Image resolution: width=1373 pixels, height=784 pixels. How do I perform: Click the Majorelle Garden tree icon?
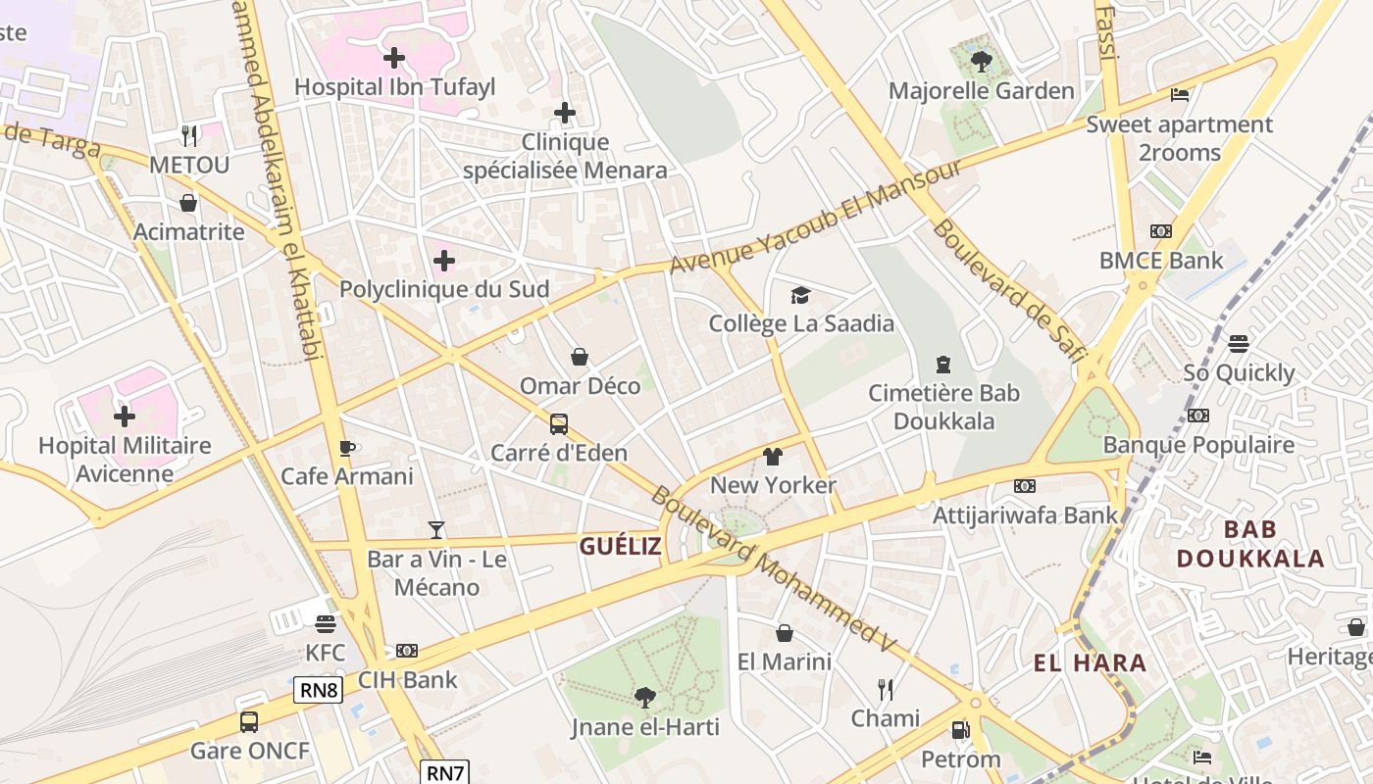point(981,63)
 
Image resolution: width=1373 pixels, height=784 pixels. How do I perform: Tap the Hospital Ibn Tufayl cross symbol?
point(394,58)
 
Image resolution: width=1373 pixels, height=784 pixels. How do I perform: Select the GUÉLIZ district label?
point(620,547)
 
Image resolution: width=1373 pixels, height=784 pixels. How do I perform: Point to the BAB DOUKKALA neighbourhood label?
point(1250,545)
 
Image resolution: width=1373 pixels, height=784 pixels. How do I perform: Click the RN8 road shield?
point(319,690)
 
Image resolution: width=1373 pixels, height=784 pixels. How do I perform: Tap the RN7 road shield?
point(446,772)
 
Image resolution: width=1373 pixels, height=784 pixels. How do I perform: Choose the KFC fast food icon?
point(326,624)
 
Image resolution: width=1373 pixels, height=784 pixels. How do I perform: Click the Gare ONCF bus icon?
point(249,722)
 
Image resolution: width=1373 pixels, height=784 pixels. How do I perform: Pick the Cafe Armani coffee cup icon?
point(346,448)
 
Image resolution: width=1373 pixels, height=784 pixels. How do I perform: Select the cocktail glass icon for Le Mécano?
point(436,530)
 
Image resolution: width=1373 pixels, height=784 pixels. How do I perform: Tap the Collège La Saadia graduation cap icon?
point(800,295)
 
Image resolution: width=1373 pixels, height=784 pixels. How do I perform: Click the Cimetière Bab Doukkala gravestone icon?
point(943,365)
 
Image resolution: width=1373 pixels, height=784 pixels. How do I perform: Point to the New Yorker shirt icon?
point(773,457)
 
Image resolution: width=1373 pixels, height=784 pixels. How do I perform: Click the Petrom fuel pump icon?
point(960,730)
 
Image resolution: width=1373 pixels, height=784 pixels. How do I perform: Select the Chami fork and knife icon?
point(886,690)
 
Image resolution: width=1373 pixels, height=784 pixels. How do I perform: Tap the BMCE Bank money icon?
point(1161,231)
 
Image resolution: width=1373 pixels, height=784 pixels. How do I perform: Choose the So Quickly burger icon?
point(1239,344)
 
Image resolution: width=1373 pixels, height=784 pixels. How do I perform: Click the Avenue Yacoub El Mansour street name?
point(816,218)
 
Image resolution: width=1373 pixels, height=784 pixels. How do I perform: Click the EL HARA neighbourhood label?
point(1090,663)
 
